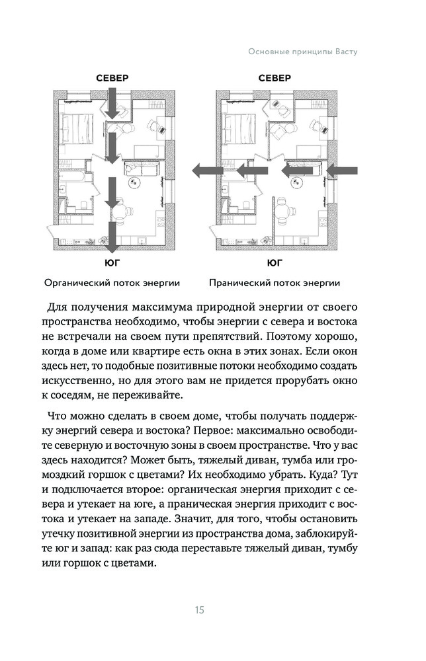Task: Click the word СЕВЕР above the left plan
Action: coord(112,78)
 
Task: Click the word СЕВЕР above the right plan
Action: coord(275,78)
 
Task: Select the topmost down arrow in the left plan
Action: coord(112,105)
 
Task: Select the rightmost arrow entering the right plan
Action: coord(343,171)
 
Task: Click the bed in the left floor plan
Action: coord(77,124)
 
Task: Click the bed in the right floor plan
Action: coord(240,124)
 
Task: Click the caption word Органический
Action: coord(75,284)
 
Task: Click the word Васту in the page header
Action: coord(344,52)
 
